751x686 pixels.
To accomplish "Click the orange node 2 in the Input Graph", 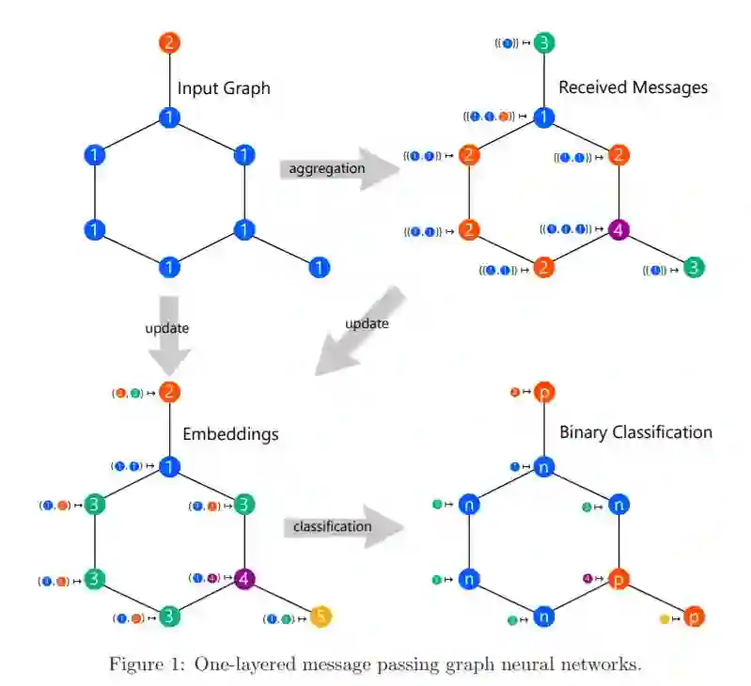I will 169,42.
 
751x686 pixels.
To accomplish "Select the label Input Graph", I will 224,88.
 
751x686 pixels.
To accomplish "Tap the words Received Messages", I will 633,87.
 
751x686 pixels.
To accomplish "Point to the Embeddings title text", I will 230,435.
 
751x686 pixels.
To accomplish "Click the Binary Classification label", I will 635,432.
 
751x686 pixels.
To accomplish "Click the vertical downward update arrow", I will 169,334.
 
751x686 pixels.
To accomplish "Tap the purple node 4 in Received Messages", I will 618,229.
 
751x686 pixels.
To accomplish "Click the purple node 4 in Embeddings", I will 243,578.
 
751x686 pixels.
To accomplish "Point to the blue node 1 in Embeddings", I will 169,466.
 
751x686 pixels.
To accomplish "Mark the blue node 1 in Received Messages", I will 543,117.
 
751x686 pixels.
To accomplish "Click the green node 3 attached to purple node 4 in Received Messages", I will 694,268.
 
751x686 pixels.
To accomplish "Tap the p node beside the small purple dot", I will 618,578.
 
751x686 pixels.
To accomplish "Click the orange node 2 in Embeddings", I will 169,393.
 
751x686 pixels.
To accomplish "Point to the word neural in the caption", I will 535,664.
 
